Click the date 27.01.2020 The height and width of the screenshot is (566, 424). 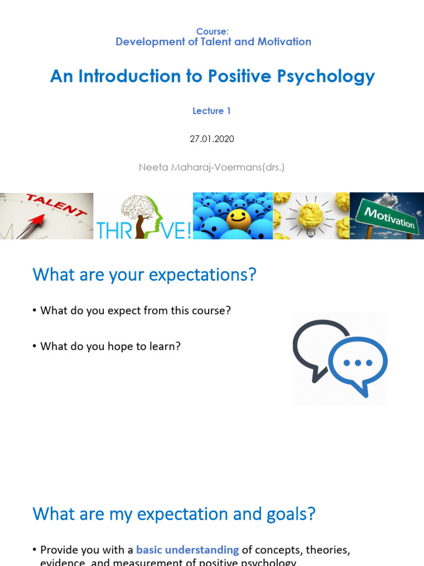coord(212,139)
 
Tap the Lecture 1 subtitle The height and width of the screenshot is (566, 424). coord(211,111)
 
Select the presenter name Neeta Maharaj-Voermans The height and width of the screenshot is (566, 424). coord(211,166)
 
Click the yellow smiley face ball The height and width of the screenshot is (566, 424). coord(239,219)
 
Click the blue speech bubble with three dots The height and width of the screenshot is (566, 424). coord(358,363)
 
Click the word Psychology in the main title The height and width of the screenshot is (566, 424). coord(334,76)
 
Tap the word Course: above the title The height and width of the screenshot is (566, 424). coord(212,32)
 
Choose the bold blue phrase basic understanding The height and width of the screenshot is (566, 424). coord(187,550)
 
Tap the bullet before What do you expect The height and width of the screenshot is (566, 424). coord(35,311)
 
